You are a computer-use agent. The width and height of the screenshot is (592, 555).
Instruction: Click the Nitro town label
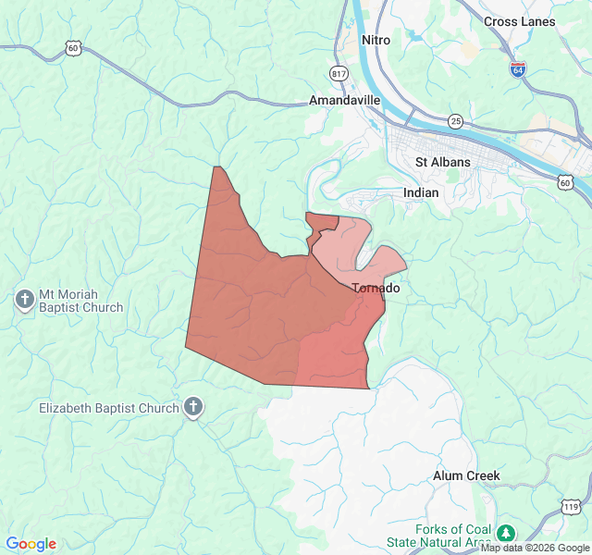[376, 41]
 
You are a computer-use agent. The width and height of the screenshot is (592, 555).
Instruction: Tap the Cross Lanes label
[519, 21]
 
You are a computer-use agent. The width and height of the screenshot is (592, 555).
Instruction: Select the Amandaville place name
[344, 100]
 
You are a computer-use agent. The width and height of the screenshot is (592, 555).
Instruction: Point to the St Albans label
[442, 162]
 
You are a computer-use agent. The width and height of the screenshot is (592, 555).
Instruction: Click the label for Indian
[421, 192]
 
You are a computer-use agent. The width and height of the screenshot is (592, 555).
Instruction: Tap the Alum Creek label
[467, 475]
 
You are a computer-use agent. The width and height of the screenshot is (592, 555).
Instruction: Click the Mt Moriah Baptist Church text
[80, 302]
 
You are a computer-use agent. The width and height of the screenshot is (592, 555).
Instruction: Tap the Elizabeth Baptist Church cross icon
[193, 407]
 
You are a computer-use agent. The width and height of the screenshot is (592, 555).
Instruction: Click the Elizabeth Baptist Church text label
[109, 408]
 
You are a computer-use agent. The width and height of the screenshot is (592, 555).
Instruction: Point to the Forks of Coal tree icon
[505, 534]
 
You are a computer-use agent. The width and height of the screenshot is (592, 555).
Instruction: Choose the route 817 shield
[339, 73]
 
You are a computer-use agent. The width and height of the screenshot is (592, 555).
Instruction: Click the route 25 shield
[455, 121]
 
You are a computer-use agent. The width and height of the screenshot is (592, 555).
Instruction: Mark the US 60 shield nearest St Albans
[565, 182]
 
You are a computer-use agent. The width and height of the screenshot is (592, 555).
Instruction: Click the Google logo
[31, 544]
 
